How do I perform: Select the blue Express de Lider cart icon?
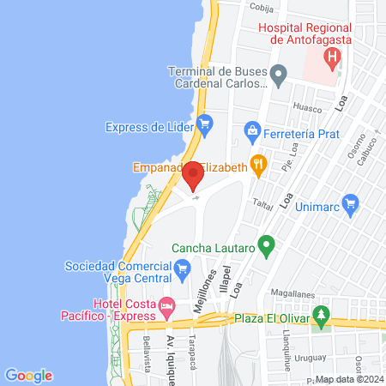(205, 126)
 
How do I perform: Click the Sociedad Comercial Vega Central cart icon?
(182, 271)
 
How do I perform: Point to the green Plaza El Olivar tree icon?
(322, 316)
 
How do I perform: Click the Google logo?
(28, 375)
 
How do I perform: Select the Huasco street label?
(307, 109)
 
